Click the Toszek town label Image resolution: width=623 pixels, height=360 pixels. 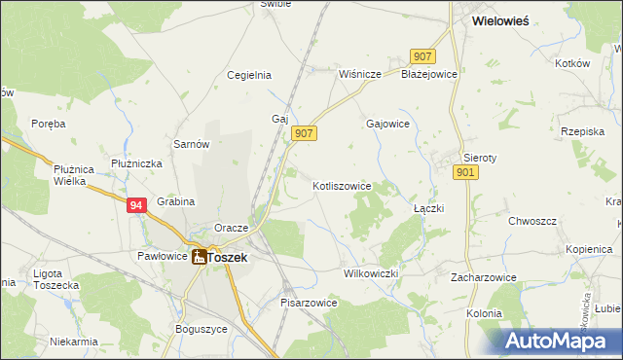(x=228, y=258)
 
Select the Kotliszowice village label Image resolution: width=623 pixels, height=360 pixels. (x=342, y=185)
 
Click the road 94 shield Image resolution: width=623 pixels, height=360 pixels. (x=137, y=204)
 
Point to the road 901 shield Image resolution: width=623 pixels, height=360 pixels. (x=465, y=172)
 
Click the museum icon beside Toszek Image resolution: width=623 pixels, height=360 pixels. (x=199, y=257)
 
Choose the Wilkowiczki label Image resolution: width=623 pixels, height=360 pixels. (x=371, y=273)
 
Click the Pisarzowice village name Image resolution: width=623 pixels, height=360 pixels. (x=309, y=303)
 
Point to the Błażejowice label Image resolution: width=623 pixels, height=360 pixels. (x=429, y=74)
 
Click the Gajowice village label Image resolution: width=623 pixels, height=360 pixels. (x=387, y=125)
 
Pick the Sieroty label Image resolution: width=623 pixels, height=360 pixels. (x=480, y=157)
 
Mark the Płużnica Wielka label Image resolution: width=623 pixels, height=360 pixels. (x=72, y=175)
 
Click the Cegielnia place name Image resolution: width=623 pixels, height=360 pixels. (x=248, y=75)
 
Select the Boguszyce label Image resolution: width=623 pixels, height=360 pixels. (x=201, y=328)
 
